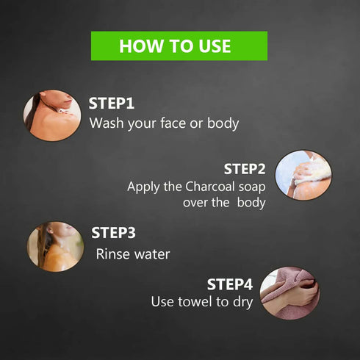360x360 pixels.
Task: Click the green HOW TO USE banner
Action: (179, 46)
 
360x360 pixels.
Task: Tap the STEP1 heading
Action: (112, 104)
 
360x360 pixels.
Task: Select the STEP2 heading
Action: (245, 169)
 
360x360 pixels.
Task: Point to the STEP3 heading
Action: (113, 233)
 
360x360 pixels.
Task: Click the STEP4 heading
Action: (230, 284)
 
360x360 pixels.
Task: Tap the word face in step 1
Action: (173, 123)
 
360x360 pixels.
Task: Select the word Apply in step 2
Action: (143, 187)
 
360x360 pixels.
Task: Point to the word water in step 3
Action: (152, 254)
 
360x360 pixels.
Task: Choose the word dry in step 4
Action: (242, 303)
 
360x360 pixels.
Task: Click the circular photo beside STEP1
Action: (52, 115)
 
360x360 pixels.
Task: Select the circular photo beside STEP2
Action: (303, 175)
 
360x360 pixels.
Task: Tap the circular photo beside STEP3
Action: (55, 247)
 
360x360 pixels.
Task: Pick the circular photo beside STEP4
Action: (289, 293)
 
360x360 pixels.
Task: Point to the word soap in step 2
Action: (252, 187)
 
